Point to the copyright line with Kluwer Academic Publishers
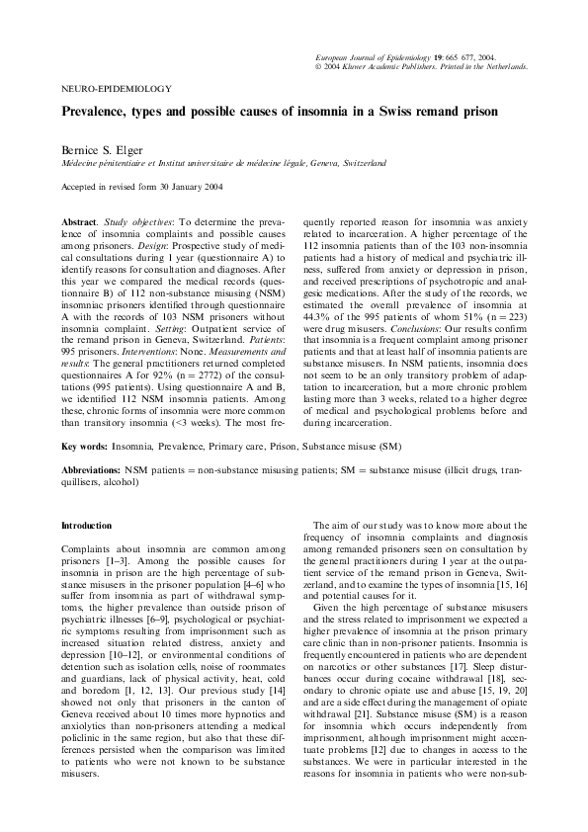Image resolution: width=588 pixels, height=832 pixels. (x=420, y=67)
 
